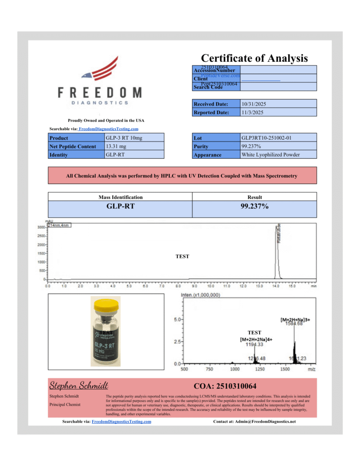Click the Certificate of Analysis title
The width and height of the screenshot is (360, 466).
pyautogui.click(x=254, y=58)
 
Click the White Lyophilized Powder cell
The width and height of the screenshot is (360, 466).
pyautogui.click(x=270, y=155)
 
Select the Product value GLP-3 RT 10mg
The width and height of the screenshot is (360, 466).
pyautogui.click(x=124, y=137)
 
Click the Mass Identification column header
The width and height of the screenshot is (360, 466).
pyautogui.click(x=121, y=197)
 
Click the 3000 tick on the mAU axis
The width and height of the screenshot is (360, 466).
pyautogui.click(x=41, y=227)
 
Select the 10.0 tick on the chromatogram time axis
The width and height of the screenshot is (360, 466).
pyautogui.click(x=211, y=287)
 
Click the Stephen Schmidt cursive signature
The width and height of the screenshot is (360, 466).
pyautogui.click(x=78, y=386)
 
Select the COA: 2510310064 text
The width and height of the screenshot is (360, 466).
pyautogui.click(x=225, y=386)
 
